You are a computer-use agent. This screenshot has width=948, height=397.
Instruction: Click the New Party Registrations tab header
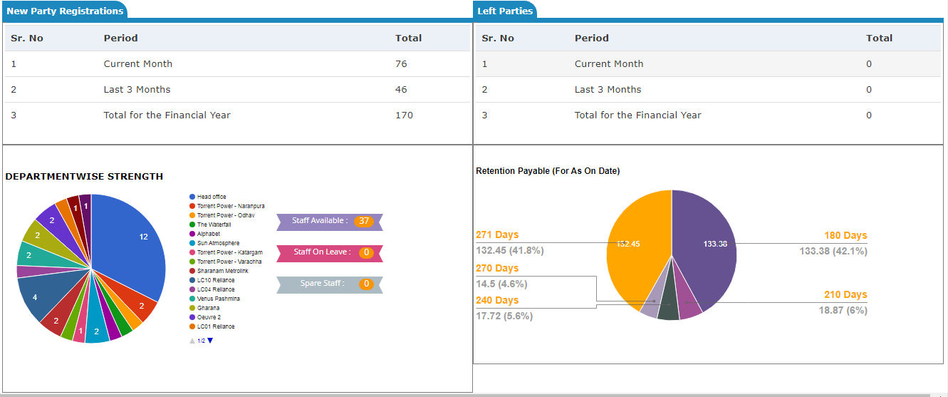pyautogui.click(x=64, y=11)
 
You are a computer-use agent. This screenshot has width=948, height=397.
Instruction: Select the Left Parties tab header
pyautogui.click(x=505, y=11)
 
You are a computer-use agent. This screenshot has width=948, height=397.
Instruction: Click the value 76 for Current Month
pyautogui.click(x=401, y=63)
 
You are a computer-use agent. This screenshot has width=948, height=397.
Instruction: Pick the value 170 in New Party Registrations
pyautogui.click(x=404, y=115)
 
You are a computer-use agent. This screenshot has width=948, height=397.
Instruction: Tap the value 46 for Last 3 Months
pyautogui.click(x=401, y=89)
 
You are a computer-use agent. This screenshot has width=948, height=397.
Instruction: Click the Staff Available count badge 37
pyautogui.click(x=364, y=221)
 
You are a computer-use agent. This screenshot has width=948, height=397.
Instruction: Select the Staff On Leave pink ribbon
pyautogui.click(x=329, y=252)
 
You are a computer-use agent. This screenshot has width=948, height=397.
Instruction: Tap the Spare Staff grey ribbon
pyautogui.click(x=329, y=284)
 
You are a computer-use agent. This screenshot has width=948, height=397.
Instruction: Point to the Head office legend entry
pyautogui.click(x=212, y=197)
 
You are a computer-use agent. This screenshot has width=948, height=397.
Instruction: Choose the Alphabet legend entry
pyautogui.click(x=208, y=234)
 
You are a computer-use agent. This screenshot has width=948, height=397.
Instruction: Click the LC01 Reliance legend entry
pyautogui.click(x=215, y=326)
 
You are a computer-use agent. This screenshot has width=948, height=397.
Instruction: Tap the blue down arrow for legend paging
pyautogui.click(x=210, y=341)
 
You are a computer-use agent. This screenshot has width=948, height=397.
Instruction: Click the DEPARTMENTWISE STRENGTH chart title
pyautogui.click(x=84, y=176)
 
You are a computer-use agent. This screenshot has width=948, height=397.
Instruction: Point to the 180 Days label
pyautogui.click(x=845, y=235)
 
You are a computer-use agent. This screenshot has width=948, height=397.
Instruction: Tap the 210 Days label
pyautogui.click(x=845, y=294)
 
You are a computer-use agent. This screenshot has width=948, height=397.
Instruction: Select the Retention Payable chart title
pyautogui.click(x=547, y=171)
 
